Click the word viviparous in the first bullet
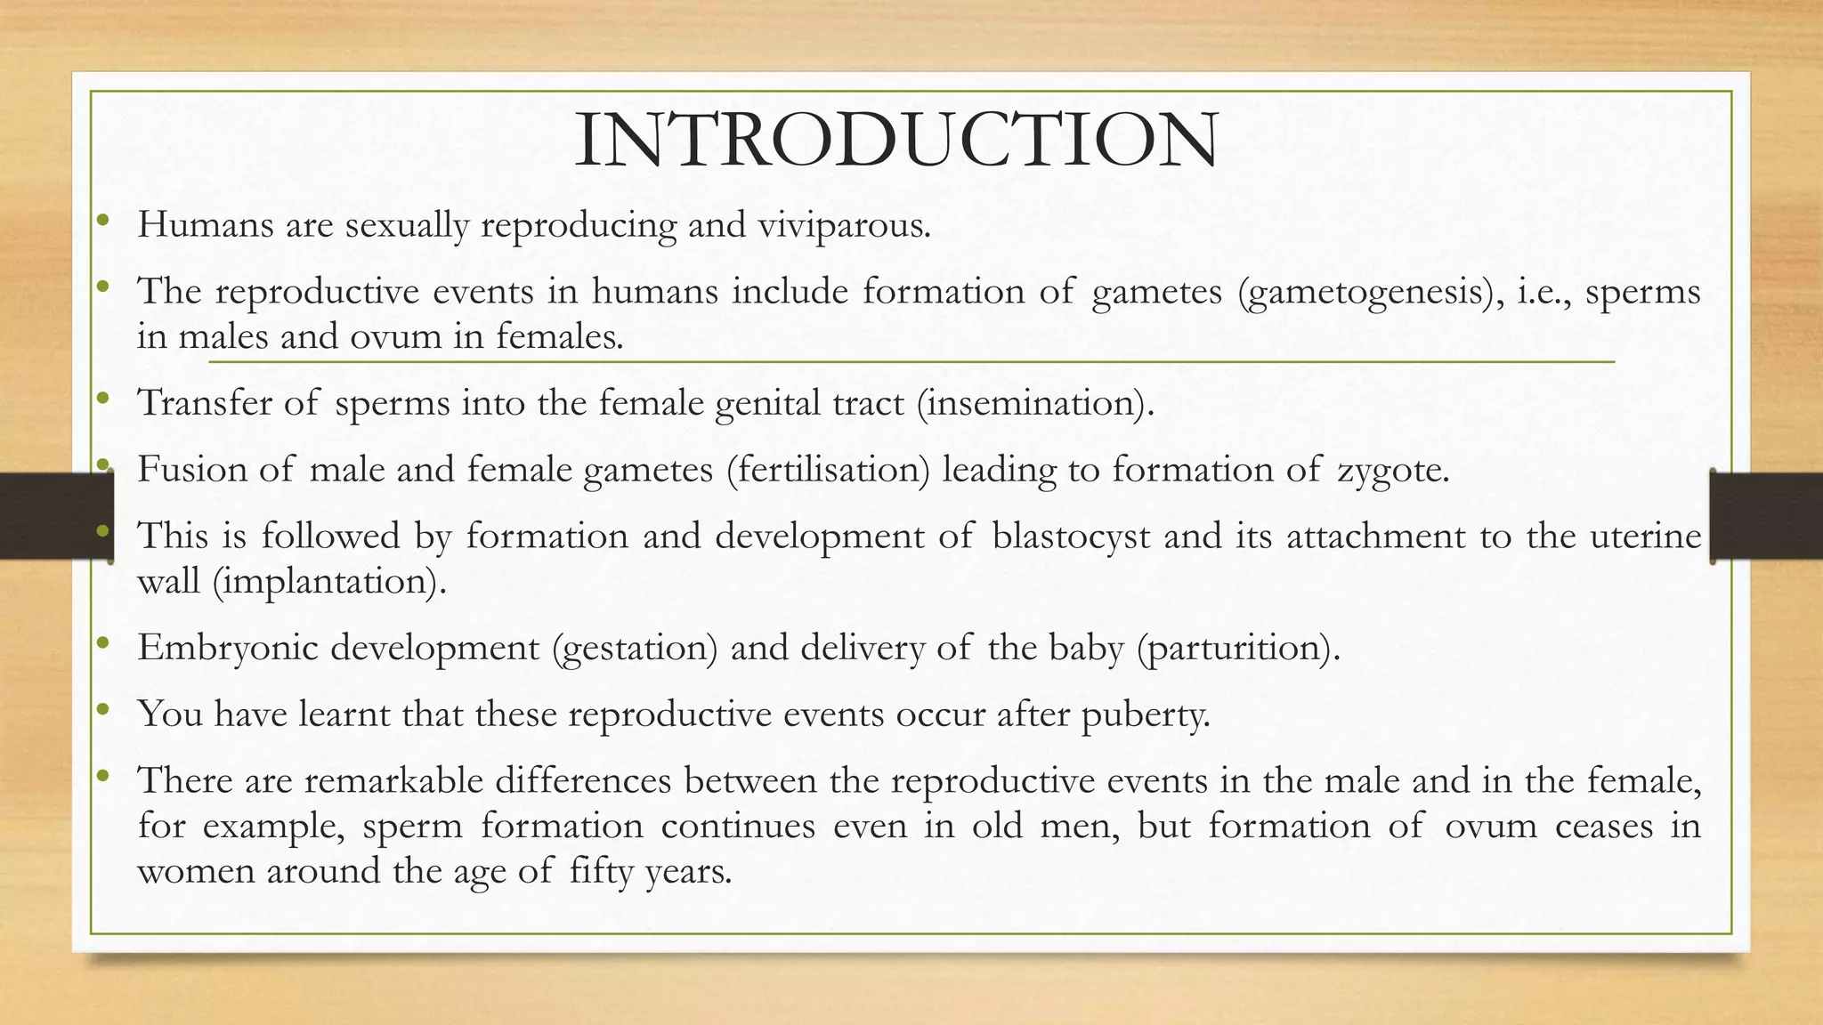click(843, 224)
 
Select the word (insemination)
click(1035, 403)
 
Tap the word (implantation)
click(329, 582)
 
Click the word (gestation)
click(635, 648)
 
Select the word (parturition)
click(1238, 648)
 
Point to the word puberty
click(1146, 714)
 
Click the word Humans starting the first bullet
click(206, 224)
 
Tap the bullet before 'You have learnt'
click(103, 710)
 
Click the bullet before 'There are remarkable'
click(103, 777)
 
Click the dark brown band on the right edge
click(1767, 516)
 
